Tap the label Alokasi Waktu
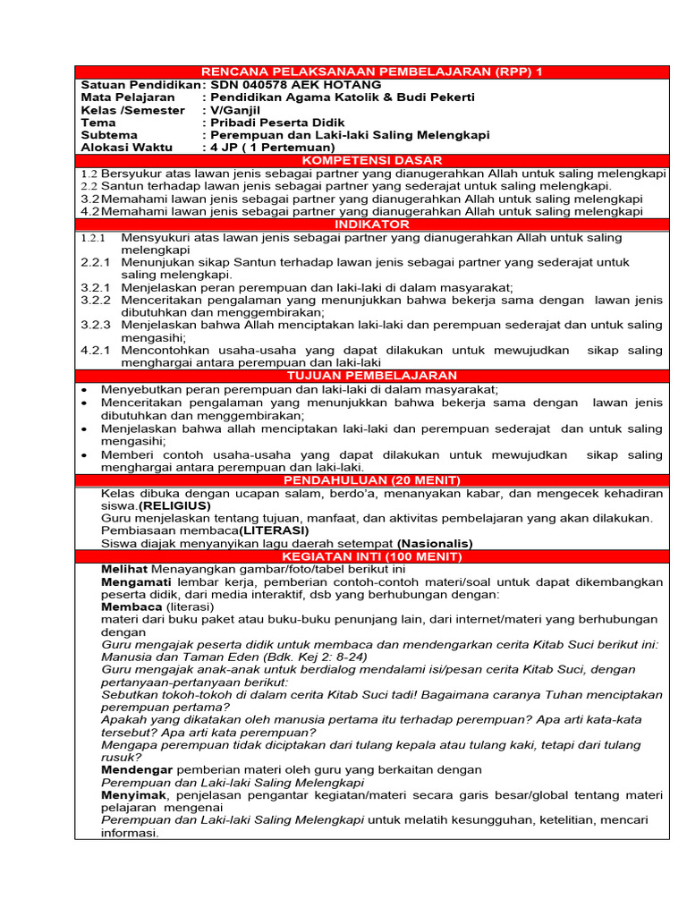125,147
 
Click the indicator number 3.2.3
96,325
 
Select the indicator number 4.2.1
96,351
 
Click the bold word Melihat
125,569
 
